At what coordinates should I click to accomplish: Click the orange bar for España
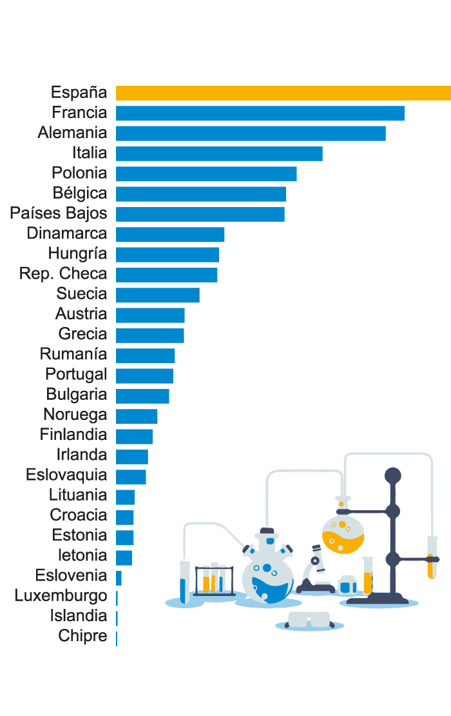point(283,93)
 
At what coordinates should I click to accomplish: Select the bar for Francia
point(260,113)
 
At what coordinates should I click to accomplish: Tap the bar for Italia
point(219,154)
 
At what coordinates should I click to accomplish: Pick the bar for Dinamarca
point(170,234)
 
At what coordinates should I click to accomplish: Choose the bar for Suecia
point(158,295)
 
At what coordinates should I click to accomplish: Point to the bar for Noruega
point(137,416)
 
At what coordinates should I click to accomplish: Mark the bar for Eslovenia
point(119,577)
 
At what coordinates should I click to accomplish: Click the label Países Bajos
point(59,214)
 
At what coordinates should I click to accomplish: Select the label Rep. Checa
point(63,273)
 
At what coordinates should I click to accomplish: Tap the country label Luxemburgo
point(61,595)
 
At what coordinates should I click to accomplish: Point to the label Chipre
point(82,636)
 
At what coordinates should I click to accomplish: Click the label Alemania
point(72,133)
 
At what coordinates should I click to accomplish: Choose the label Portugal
point(76,374)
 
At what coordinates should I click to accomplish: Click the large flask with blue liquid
point(267,574)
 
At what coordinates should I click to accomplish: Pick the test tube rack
point(215,580)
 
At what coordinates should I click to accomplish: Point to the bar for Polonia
point(206,174)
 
